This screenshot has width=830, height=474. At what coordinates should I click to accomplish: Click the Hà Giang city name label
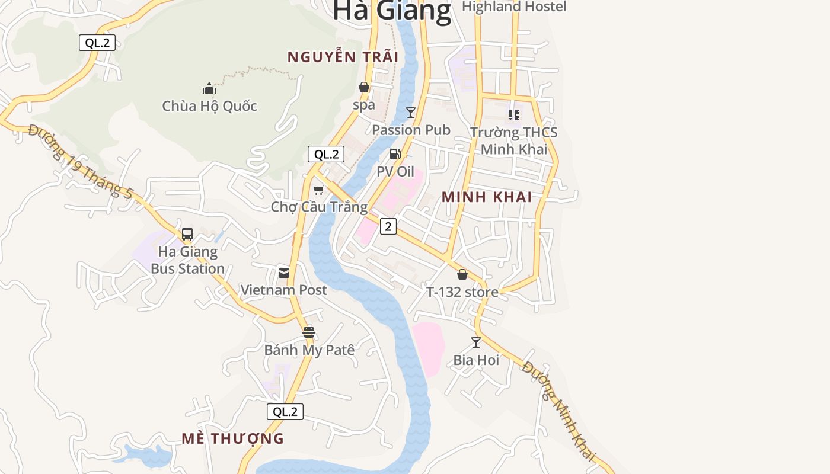(x=392, y=11)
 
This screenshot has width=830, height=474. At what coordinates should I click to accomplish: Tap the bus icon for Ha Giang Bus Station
(x=187, y=234)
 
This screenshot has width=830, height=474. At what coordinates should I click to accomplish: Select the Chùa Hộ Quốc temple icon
(x=209, y=89)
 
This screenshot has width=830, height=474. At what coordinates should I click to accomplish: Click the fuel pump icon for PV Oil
(x=395, y=154)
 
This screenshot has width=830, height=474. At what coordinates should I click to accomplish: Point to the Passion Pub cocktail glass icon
(x=410, y=112)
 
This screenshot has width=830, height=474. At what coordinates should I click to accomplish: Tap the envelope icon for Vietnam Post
(x=284, y=273)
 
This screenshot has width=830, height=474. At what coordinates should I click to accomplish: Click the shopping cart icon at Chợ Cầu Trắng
(x=319, y=190)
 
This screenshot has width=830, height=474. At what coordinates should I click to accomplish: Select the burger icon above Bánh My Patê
(x=308, y=332)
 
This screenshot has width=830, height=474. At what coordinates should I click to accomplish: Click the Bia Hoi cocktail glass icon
(x=475, y=342)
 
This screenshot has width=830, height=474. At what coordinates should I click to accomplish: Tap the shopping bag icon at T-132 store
(x=462, y=274)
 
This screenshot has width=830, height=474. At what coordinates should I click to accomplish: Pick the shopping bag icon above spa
(x=364, y=88)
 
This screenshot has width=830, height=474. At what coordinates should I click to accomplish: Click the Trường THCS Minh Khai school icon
(x=513, y=114)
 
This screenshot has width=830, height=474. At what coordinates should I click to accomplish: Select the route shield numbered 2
(x=388, y=226)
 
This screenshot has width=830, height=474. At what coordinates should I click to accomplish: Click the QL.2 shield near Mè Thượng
(x=285, y=412)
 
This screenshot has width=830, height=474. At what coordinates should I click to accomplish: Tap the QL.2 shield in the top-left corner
(x=97, y=43)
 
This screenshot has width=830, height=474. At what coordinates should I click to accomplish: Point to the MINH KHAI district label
(x=487, y=197)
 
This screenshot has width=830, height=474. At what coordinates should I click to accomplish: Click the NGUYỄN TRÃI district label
(x=343, y=57)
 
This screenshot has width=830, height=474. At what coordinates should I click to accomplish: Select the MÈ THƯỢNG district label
(x=232, y=439)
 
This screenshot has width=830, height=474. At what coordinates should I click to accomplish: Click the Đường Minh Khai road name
(x=558, y=411)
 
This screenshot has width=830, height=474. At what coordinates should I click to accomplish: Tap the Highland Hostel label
(x=514, y=7)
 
